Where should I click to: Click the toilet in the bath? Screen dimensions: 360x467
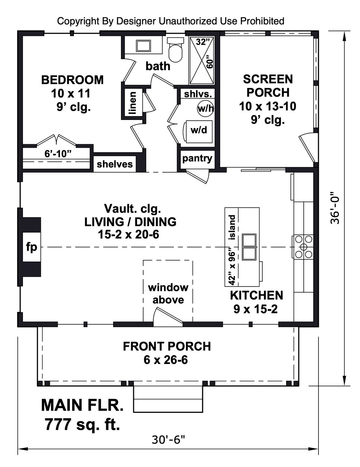pyautogui.click(x=175, y=50)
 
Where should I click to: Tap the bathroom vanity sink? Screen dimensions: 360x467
pyautogui.click(x=143, y=46)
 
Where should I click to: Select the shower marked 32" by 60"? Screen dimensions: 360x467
pyautogui.click(x=202, y=60)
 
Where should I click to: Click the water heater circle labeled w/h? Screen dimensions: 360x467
pyautogui.click(x=205, y=109)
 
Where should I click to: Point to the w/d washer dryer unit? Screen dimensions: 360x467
pyautogui.click(x=199, y=132)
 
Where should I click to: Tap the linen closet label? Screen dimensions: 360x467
pyautogui.click(x=132, y=103)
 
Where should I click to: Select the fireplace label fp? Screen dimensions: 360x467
pyautogui.click(x=32, y=247)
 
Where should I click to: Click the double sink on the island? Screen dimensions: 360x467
pyautogui.click(x=249, y=247)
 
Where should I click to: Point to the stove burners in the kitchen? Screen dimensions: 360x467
pyautogui.click(x=303, y=247)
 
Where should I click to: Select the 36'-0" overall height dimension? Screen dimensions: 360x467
pyautogui.click(x=335, y=207)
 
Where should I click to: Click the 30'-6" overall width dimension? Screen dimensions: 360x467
pyautogui.click(x=168, y=440)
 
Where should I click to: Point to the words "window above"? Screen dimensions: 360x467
pyautogui.click(x=168, y=294)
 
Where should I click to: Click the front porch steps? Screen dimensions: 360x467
pyautogui.click(x=168, y=399)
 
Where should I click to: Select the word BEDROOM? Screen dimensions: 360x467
pyautogui.click(x=72, y=80)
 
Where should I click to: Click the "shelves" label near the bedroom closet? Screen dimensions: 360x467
pyautogui.click(x=115, y=164)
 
